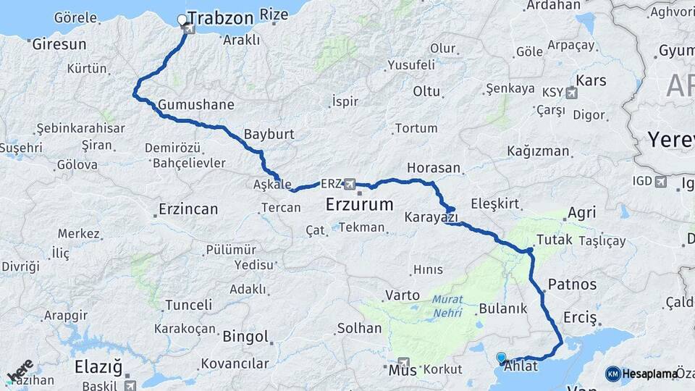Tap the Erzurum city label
coord(359,203)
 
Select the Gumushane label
coord(196,104)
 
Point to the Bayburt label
coord(269,134)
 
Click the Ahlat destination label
coord(521,366)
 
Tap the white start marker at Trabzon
coord(182,20)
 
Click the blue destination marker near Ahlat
coord(501,357)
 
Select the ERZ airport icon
coord(350,183)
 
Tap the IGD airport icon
coord(660,181)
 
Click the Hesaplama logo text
coord(649,374)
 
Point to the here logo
coord(19,371)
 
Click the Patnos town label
coord(573,284)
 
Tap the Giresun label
coord(59,44)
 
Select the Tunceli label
coord(188,305)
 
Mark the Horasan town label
coord(434,168)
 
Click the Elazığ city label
coord(98,366)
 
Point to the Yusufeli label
coord(411,65)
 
